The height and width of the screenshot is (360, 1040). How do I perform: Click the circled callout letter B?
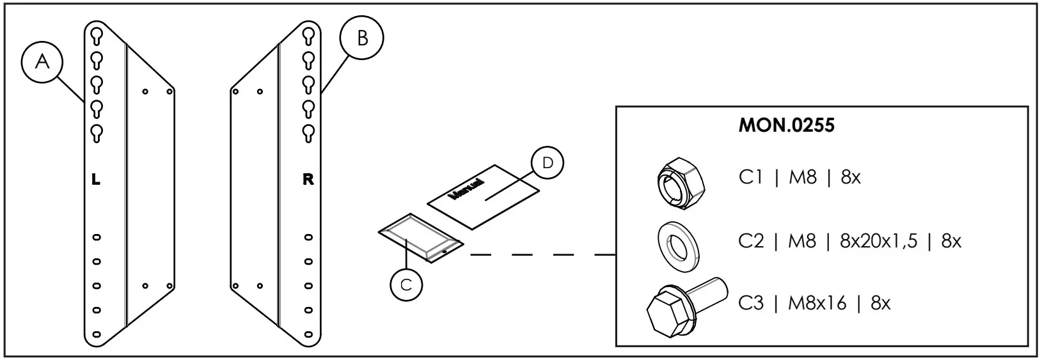tap(362, 39)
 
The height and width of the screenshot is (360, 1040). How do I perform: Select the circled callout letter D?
tap(547, 163)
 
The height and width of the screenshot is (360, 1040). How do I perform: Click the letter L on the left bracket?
tap(96, 180)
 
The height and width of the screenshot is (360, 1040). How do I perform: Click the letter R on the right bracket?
tap(308, 180)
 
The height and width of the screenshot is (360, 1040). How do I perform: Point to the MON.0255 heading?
tap(786, 126)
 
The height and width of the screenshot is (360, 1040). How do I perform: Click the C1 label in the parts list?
tap(751, 177)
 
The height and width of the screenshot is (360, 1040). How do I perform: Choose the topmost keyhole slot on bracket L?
tap(96, 35)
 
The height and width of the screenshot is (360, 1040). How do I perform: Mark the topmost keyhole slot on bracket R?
tap(308, 35)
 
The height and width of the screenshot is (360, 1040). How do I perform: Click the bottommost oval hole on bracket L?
tap(96, 334)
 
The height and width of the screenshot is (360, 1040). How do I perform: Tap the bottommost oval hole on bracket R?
tap(308, 334)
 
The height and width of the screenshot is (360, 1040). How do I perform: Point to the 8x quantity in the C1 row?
tap(851, 177)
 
